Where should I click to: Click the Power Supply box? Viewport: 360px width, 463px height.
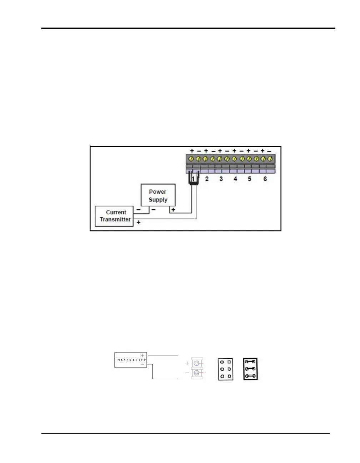(158, 195)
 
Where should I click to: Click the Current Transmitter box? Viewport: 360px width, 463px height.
(114, 216)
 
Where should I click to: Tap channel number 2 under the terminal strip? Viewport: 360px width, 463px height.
(207, 179)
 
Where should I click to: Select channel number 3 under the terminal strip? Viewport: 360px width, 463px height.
(221, 179)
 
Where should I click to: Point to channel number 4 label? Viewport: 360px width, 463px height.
(235, 179)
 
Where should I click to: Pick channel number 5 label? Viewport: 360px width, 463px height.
(250, 179)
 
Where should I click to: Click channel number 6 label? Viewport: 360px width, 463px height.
(265, 179)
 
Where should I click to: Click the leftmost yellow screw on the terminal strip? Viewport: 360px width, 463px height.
(191, 158)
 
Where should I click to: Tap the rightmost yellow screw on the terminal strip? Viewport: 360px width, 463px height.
(270, 158)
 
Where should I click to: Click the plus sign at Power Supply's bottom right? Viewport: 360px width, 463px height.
(173, 210)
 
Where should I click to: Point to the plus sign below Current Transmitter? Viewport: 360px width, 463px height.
(139, 223)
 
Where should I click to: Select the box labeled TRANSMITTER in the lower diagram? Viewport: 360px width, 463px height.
(130, 360)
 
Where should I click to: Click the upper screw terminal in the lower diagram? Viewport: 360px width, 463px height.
(197, 363)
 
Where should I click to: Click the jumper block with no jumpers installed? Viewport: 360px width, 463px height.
(225, 369)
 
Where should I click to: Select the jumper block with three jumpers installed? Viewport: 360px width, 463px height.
(250, 369)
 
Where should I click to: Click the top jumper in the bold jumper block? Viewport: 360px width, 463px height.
(250, 362)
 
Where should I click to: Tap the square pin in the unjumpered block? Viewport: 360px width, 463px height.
(229, 362)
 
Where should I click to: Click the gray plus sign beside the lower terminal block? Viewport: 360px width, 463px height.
(187, 363)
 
